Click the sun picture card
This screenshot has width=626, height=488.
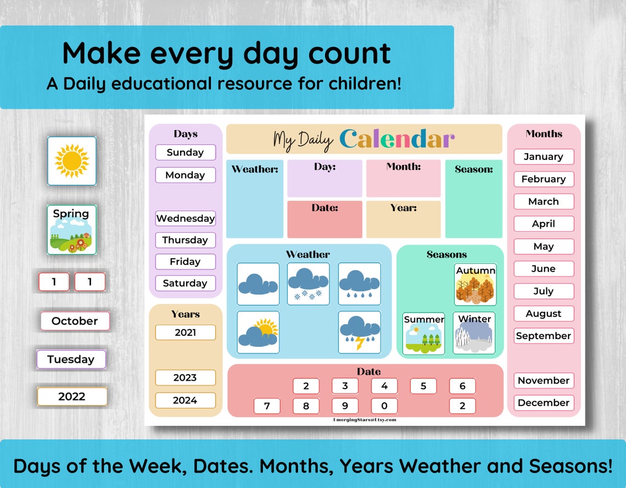pos(71,161)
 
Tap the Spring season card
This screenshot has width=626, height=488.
pos(71,230)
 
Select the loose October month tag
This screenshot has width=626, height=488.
pos(75,321)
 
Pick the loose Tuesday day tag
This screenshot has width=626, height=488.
pos(71,359)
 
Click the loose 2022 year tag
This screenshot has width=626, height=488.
pos(72,396)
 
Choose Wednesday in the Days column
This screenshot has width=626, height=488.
pos(185,218)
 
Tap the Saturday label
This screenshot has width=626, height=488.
pos(185,284)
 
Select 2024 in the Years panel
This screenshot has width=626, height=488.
pos(185,400)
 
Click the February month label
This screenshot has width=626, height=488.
pos(544,179)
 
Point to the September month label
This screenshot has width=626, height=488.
pos(544,336)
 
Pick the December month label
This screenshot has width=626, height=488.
pos(544,403)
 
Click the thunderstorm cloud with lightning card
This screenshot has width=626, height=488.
pos(359,332)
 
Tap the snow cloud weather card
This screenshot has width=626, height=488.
pos(309,284)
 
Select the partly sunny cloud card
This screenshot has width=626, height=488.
pos(258,332)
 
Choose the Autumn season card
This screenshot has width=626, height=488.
pos(476,285)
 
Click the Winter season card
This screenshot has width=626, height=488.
pos(474,333)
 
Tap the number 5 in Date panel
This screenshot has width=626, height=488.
pos(423,386)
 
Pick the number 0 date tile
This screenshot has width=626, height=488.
pos(384,406)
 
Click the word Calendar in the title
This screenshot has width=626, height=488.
pos(397,140)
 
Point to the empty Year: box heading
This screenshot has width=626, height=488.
pos(404,208)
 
